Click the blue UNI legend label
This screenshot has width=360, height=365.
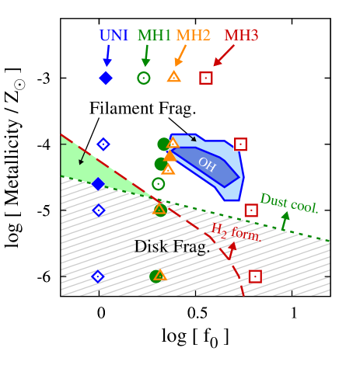click(114, 36)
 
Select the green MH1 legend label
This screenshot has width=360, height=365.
click(154, 36)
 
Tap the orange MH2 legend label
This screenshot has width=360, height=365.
click(193, 36)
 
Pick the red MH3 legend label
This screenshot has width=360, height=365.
click(241, 36)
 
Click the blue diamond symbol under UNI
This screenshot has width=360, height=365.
click(106, 78)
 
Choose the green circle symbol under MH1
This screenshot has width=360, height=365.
click(144, 78)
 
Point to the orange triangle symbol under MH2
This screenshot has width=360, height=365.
click(174, 77)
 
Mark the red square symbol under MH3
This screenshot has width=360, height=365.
click(205, 78)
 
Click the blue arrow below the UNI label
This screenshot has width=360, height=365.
click(107, 56)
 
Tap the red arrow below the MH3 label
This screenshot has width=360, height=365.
click(223, 55)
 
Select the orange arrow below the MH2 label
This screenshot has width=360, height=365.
click(180, 56)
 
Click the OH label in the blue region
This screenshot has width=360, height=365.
click(206, 163)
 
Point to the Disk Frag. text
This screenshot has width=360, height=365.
click(172, 247)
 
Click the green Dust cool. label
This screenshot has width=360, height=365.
click(289, 203)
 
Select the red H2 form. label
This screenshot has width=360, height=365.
click(236, 231)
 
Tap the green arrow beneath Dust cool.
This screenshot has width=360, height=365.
click(285, 220)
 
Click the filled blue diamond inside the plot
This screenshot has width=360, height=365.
click(98, 184)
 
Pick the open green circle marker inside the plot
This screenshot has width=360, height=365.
click(159, 184)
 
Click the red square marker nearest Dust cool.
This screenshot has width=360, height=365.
click(251, 210)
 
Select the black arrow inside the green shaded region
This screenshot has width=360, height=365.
click(81, 158)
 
